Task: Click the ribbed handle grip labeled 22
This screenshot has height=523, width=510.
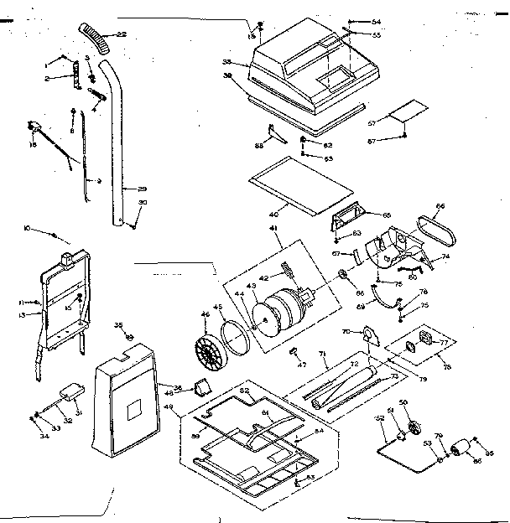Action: tap(96, 39)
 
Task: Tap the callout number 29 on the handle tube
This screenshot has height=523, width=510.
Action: tap(142, 189)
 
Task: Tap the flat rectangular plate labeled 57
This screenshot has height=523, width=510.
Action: tap(409, 111)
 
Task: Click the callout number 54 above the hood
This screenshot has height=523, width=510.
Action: tap(376, 21)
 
